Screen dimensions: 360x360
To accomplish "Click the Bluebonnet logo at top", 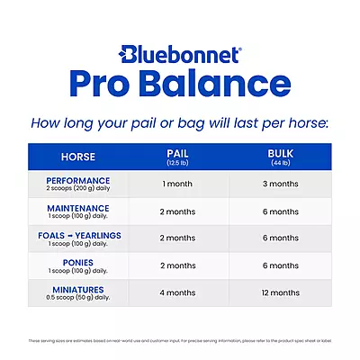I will (180, 53).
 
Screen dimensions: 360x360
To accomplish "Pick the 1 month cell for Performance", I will (176, 184).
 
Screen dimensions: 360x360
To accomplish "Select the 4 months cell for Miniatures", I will (176, 293).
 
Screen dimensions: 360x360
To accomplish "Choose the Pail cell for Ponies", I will (176, 266).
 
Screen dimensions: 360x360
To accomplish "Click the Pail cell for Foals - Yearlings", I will (176, 238).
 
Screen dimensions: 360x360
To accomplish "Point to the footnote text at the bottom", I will (180, 341).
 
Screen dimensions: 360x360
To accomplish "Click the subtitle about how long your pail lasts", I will (180, 121).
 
